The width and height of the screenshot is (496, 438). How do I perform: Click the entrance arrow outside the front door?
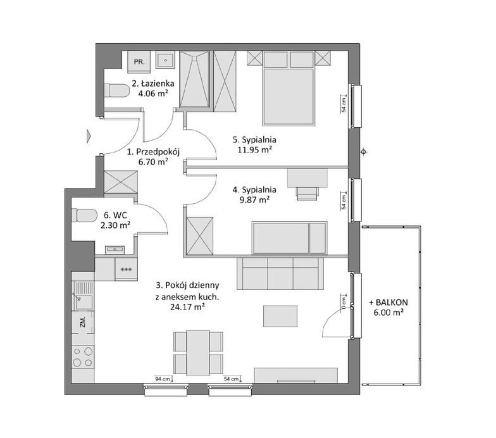(x=89, y=136)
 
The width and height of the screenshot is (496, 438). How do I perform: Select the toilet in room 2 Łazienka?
(x=116, y=91)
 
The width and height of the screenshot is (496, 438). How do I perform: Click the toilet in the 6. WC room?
(x=84, y=216)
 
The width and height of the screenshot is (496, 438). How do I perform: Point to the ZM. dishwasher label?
(x=83, y=322)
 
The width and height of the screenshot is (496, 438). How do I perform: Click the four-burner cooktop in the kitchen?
(x=83, y=357)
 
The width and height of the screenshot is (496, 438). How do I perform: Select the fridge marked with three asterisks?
(x=127, y=270)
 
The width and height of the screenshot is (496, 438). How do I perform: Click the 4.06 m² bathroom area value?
(x=153, y=94)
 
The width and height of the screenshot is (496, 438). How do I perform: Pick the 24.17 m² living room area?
(x=187, y=306)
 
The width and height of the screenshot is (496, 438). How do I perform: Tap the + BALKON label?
(x=388, y=303)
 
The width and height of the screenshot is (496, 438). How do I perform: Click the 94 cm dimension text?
(x=162, y=379)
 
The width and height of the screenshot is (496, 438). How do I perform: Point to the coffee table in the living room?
(x=280, y=316)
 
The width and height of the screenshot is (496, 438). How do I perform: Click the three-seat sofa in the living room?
(x=280, y=273)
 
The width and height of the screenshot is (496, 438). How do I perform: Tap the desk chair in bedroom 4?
(x=307, y=194)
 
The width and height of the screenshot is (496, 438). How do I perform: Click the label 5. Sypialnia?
(x=254, y=139)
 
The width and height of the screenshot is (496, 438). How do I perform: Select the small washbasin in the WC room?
(x=115, y=250)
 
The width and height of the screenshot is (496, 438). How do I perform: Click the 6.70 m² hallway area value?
(x=153, y=162)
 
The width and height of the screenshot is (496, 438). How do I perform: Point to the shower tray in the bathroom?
(x=195, y=80)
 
